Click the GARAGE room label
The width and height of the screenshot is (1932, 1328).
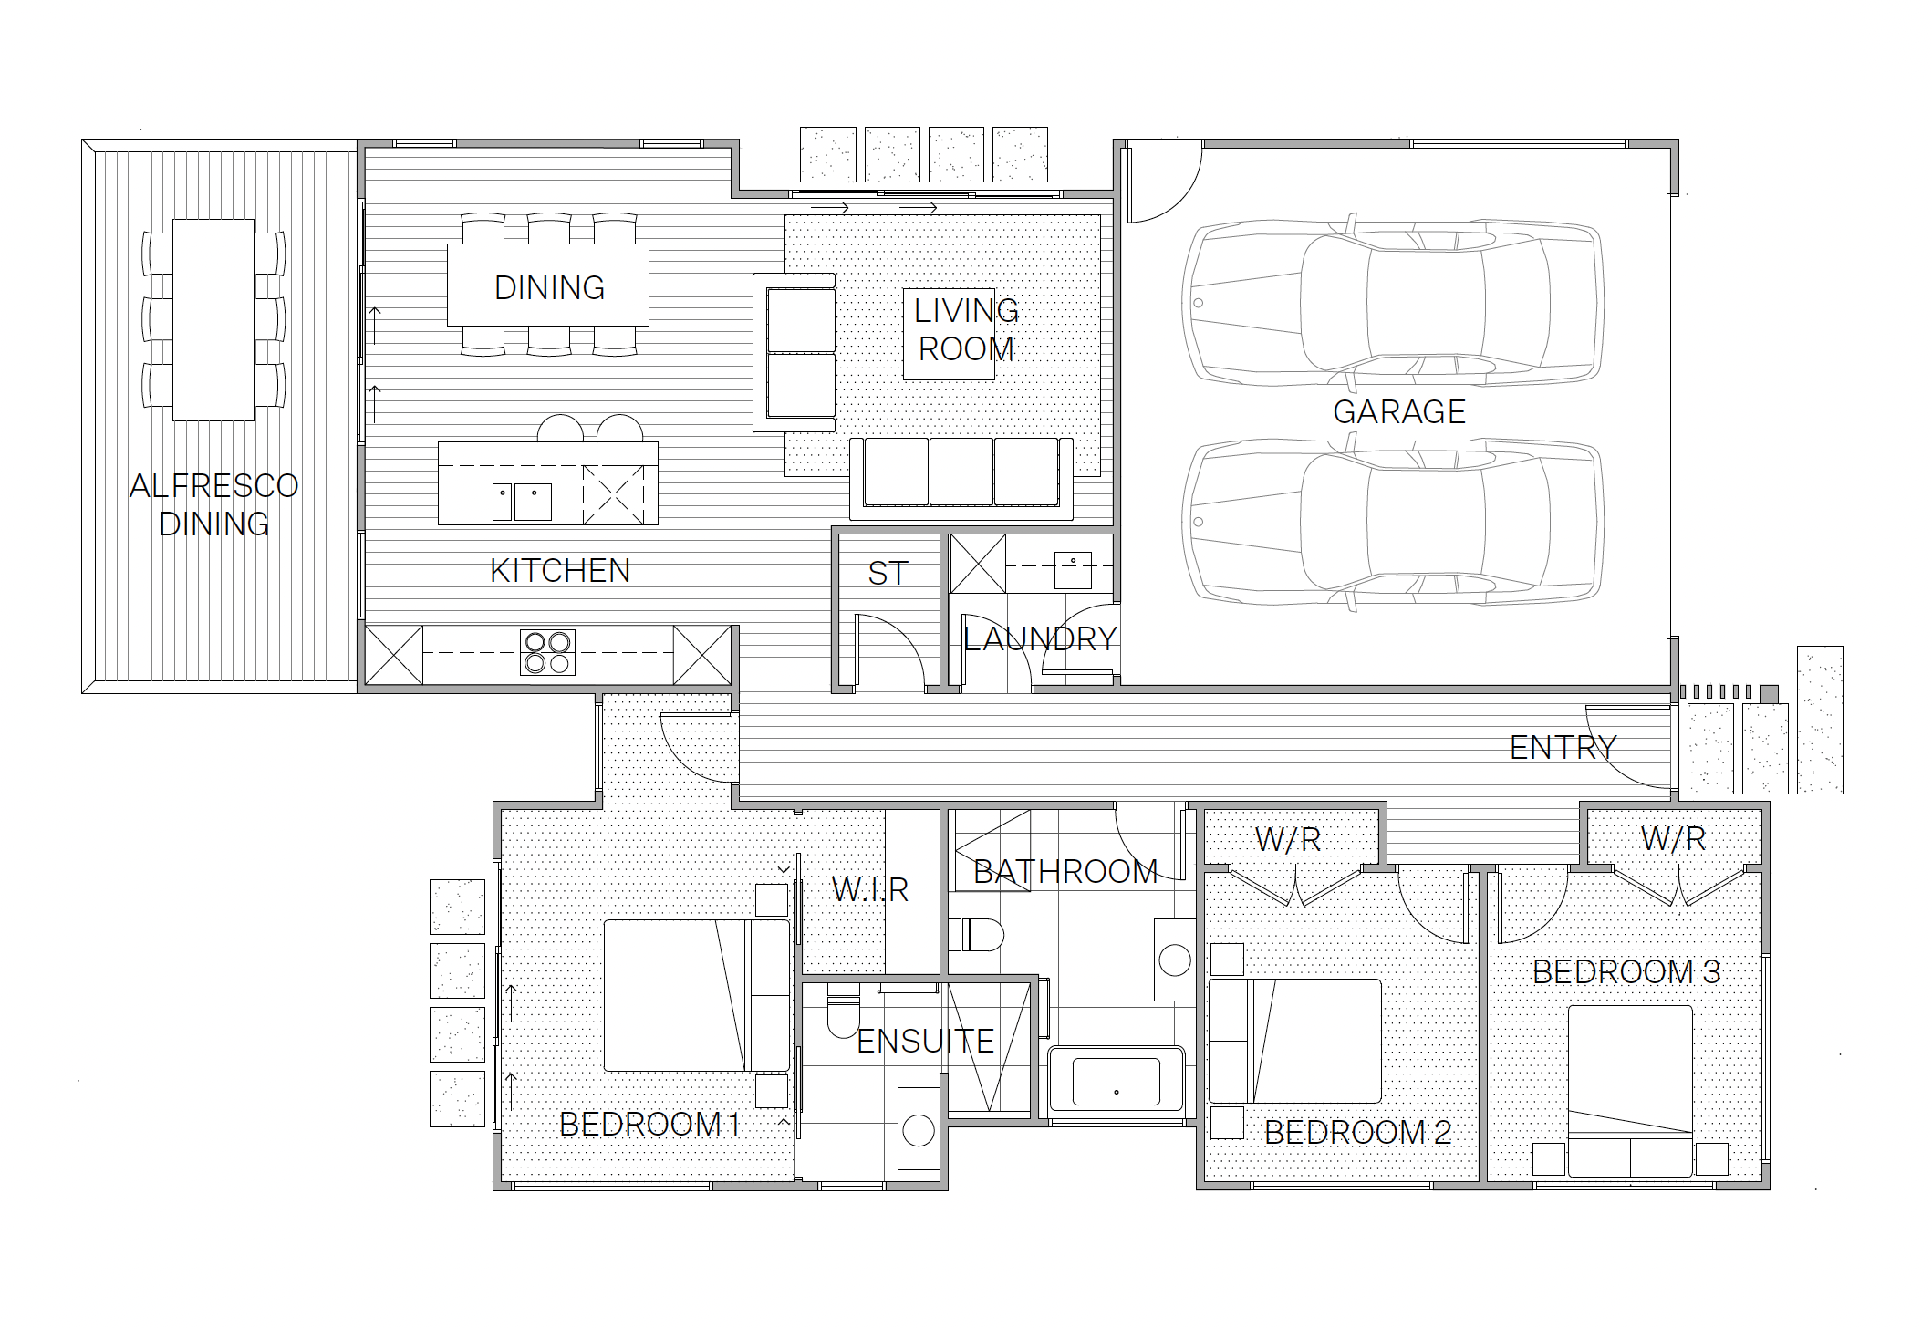[1399, 412]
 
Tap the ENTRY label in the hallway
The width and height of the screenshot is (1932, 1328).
[1563, 748]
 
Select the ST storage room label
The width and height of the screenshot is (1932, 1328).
[888, 574]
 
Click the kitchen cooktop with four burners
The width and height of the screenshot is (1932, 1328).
[547, 653]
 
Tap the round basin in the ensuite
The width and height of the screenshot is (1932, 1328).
[919, 1131]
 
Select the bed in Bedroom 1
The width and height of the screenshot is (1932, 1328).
[696, 995]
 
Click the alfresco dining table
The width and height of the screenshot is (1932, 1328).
[214, 319]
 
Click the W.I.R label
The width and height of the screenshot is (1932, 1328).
[870, 890]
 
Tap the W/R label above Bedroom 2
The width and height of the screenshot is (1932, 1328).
[1288, 840]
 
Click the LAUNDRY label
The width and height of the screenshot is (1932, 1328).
[1041, 639]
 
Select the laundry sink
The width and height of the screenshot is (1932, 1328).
[1073, 570]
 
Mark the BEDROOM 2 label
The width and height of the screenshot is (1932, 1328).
[1357, 1133]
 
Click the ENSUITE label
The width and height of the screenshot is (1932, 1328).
[925, 1042]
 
